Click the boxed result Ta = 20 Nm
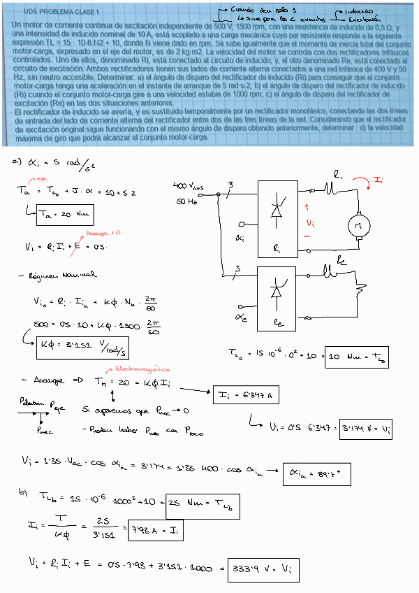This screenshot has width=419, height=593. [64, 215]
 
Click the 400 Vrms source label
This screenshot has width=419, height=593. [189, 186]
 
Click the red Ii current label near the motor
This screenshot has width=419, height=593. [377, 182]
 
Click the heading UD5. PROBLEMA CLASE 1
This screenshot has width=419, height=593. [61, 12]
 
